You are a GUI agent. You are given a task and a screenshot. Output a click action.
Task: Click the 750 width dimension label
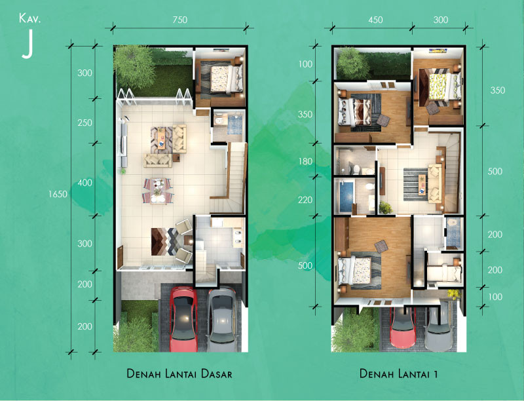pyautogui.click(x=180, y=20)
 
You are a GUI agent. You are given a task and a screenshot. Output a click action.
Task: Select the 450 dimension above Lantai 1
pyautogui.click(x=375, y=20)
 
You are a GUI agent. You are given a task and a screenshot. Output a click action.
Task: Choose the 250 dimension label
pyautogui.click(x=85, y=123)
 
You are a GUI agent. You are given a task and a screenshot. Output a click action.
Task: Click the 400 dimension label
pyautogui.click(x=85, y=183)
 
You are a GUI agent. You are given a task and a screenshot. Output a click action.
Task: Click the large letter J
pyautogui.click(x=27, y=44)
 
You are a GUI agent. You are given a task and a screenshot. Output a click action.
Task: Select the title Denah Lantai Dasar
pyautogui.click(x=179, y=374)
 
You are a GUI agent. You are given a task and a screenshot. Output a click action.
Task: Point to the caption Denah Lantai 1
pyautogui.click(x=398, y=374)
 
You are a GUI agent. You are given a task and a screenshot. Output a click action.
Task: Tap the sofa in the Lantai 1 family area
pyautogui.click(x=434, y=180)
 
